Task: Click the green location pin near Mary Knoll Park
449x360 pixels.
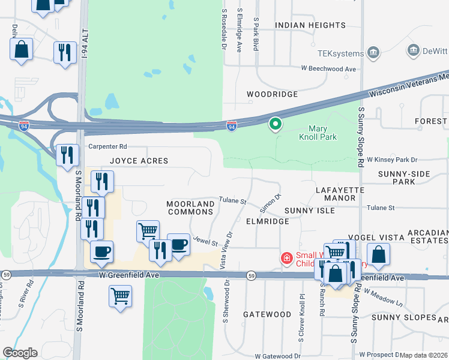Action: pos(276,124)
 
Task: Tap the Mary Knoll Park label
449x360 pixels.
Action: pos(322,133)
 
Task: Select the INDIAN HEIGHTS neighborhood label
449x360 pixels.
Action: pos(306,25)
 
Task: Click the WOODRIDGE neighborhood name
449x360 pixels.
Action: pos(273,95)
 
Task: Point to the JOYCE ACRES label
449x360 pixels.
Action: pos(139,161)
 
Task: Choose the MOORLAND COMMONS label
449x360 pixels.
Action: pos(190,208)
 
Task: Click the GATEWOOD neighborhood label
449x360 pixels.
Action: pos(267,314)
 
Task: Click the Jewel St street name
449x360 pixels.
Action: pos(205,241)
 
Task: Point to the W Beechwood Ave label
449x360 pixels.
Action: pos(328,69)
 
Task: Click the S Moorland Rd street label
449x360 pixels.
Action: pos(78,195)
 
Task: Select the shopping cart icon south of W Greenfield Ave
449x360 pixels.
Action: pos(120,296)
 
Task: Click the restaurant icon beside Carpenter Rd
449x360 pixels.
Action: pos(67,155)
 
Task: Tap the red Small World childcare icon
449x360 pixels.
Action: pos(287,258)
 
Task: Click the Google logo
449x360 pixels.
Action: pos(20,353)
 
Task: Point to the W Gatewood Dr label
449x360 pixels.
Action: pos(277,355)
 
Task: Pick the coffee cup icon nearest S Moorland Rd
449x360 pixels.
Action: pos(101,252)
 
